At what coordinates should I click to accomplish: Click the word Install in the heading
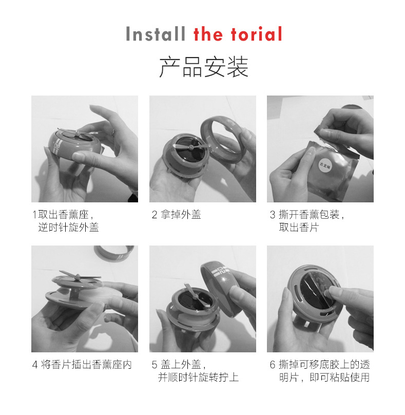point(156,34)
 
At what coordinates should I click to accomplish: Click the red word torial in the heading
point(257,34)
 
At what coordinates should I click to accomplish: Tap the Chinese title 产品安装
point(204,67)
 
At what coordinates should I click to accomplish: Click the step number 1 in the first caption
point(34,214)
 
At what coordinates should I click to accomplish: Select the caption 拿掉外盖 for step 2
point(181,214)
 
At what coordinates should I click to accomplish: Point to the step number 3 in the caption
point(273,214)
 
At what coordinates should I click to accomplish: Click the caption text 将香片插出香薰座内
point(87,365)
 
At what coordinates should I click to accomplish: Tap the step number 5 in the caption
point(155,365)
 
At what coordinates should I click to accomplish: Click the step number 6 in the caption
point(273,365)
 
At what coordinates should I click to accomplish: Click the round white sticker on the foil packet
point(324,165)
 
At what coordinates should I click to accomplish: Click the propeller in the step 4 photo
point(79,276)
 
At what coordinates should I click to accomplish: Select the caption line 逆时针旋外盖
point(68,228)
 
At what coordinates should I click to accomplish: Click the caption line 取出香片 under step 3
point(299,228)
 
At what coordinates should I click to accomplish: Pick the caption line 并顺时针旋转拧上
point(199,378)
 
